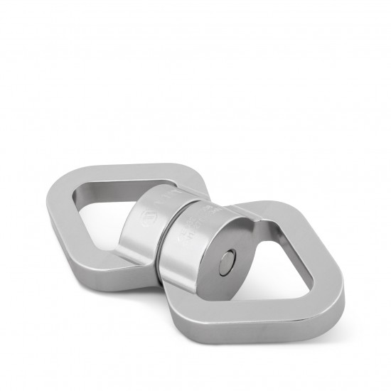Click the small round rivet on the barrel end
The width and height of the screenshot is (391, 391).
[228, 260]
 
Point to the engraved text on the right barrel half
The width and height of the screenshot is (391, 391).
[191, 225]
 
